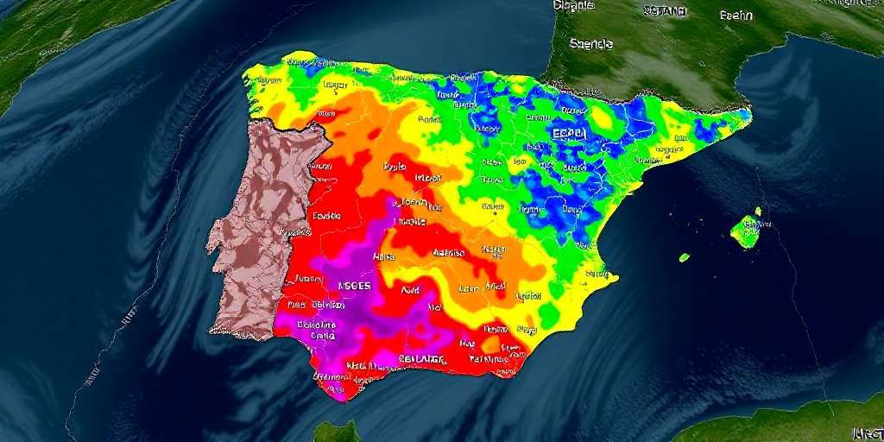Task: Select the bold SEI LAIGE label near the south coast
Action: pyautogui.click(x=422, y=359)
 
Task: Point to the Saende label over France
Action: pyautogui.click(x=590, y=43)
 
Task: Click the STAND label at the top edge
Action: pyautogui.click(x=665, y=11)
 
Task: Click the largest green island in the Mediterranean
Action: pyautogui.click(x=744, y=231)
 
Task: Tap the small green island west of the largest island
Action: pyautogui.click(x=684, y=257)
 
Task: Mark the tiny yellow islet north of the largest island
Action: pyautogui.click(x=758, y=210)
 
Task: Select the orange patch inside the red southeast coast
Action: pyautogui.click(x=492, y=346)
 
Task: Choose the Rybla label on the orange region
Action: pyautogui.click(x=395, y=167)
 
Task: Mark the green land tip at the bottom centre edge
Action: pyautogui.click(x=337, y=433)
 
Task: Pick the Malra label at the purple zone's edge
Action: pyautogui.click(x=384, y=257)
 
